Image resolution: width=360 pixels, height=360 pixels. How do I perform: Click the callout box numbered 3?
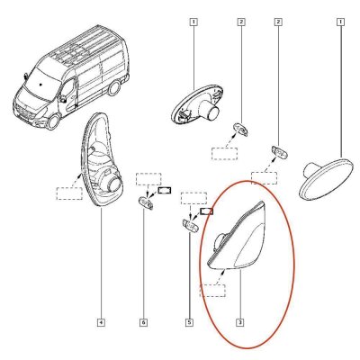pyautogui.click(x=240, y=322)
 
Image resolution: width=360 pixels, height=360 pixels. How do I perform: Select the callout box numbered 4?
pyautogui.click(x=101, y=322)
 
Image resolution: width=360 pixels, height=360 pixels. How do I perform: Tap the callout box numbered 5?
pyautogui.click(x=190, y=322)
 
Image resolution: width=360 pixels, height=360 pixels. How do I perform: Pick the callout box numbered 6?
pyautogui.click(x=143, y=322)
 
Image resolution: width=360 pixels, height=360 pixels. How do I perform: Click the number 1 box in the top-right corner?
pyautogui.click(x=340, y=22)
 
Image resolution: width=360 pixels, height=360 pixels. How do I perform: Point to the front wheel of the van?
pyautogui.click(x=53, y=121)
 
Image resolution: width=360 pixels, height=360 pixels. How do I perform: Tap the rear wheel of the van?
pyautogui.click(x=113, y=87)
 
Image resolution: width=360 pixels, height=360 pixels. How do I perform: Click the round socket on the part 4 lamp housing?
pyautogui.click(x=113, y=184)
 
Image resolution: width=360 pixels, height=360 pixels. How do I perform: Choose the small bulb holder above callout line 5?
pyautogui.click(x=190, y=225)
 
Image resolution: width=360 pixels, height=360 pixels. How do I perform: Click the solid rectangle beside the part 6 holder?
pyautogui.click(x=165, y=190)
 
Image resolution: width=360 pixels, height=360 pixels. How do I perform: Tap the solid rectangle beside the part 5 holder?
pyautogui.click(x=206, y=211)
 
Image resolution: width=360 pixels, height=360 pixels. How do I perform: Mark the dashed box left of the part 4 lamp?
pyautogui.click(x=69, y=193)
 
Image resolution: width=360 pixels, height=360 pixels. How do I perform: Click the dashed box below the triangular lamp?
pyautogui.click(x=212, y=291)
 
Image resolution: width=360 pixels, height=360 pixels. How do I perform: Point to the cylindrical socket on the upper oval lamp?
pyautogui.click(x=209, y=110)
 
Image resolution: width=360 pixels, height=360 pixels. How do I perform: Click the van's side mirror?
pyautogui.click(x=62, y=99)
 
